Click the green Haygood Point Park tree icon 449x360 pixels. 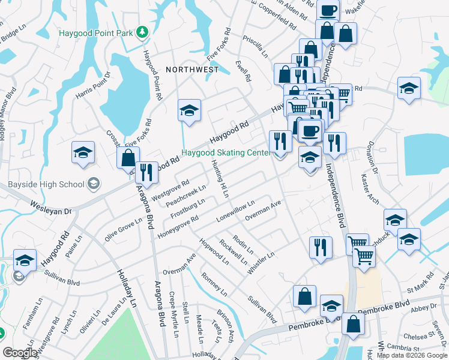click(x=142, y=32)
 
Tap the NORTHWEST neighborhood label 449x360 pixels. click(x=192, y=70)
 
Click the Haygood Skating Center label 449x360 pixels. click(x=225, y=153)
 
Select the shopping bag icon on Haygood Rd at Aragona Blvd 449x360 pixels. click(x=128, y=158)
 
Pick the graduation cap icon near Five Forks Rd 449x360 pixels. click(x=189, y=111)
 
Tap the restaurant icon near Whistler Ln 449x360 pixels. click(x=320, y=246)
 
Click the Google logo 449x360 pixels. click(x=20, y=353)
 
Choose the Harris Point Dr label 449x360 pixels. click(x=93, y=87)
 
